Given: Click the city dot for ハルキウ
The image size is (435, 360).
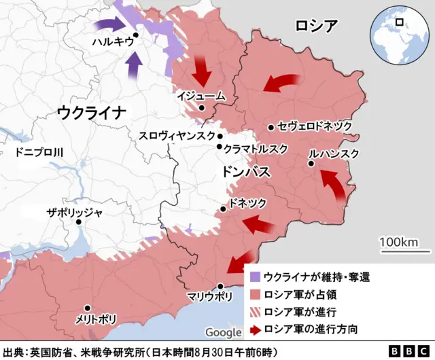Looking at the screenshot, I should click(136, 35).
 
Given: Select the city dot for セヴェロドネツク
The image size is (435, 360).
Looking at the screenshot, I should click(271, 127).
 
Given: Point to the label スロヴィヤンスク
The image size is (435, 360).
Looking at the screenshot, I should click(177, 136).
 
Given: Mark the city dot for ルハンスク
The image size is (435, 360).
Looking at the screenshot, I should click(311, 164).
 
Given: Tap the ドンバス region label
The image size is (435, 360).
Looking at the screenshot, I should click(247, 172).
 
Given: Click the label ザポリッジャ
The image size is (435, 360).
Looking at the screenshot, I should click(74, 212).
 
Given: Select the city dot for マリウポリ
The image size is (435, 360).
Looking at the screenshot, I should click(220, 286).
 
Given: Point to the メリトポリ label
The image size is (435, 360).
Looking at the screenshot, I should click(97, 319).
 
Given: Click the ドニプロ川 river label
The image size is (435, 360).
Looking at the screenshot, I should click(39, 152).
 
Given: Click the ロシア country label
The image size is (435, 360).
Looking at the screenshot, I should click(316, 26).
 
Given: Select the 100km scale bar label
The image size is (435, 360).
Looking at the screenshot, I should click(400, 242).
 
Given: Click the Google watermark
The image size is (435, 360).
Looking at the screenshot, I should click(223, 332).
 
